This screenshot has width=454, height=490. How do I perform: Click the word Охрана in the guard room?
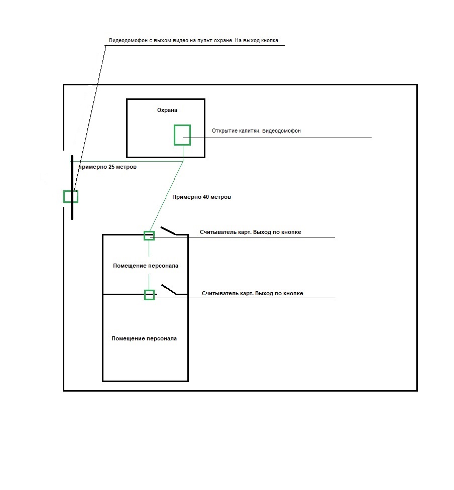click(x=167, y=110)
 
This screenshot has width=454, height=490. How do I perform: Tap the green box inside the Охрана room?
click(x=182, y=135)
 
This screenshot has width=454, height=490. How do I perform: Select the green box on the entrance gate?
click(x=70, y=196)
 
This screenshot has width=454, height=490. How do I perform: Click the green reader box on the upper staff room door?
click(x=149, y=235)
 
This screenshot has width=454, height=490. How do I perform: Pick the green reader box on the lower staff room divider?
click(x=149, y=295)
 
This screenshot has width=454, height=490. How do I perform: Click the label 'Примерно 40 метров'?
click(x=201, y=197)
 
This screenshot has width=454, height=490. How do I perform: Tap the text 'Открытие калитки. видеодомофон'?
click(x=256, y=131)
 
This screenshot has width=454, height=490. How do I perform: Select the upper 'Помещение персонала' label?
click(x=145, y=266)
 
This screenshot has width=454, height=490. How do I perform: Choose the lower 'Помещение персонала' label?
click(x=144, y=338)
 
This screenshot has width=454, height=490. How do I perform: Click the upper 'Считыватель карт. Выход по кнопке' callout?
click(x=250, y=232)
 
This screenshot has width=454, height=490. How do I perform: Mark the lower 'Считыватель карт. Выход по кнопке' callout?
click(x=252, y=293)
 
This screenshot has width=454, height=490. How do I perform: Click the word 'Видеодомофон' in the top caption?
click(x=128, y=41)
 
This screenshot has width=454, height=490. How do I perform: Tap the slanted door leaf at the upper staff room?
click(x=168, y=231)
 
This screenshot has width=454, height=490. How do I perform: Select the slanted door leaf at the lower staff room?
click(x=169, y=290)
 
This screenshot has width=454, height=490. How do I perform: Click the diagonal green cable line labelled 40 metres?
click(x=166, y=196)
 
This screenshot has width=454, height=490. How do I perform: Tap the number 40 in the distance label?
click(x=206, y=197)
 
